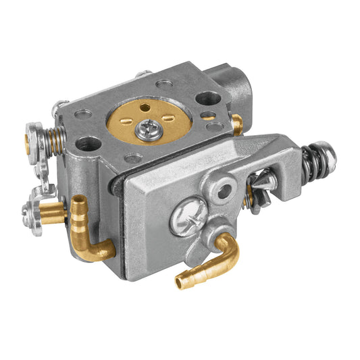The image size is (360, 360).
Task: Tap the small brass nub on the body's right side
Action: [x=237, y=123]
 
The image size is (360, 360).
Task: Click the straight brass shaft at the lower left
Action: [x=53, y=210]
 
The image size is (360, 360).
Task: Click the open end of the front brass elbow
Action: [x=180, y=282]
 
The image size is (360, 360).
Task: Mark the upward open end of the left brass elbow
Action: [x=80, y=201]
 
